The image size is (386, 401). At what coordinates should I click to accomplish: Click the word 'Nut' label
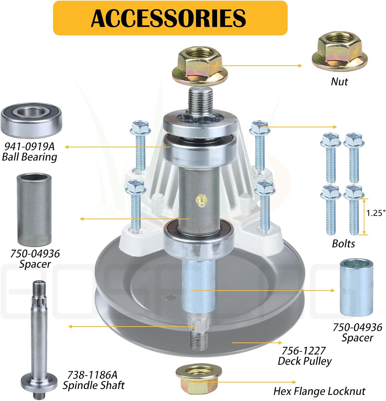click(339, 82)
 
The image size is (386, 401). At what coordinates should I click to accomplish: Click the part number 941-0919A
click(29, 146)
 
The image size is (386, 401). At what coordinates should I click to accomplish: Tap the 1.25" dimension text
click(376, 213)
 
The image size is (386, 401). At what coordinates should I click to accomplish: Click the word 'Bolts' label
click(343, 244)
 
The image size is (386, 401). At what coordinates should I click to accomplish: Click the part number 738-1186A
click(92, 375)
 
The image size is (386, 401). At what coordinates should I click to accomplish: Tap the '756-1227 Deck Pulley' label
click(304, 356)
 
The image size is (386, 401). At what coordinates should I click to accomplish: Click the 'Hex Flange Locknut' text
click(319, 391)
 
